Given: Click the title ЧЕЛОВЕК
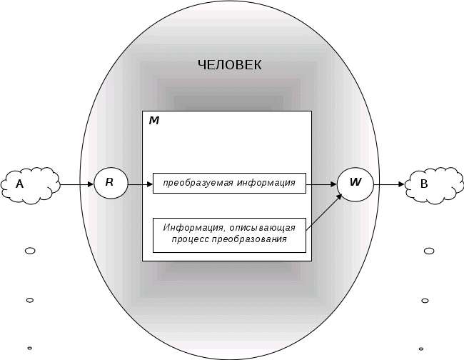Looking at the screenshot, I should tap(229, 65).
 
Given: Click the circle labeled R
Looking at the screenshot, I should tap(110, 183).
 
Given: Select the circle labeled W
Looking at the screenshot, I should tap(355, 183).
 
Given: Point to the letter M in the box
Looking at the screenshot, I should tap(153, 121).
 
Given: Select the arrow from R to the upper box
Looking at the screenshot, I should tap(140, 184).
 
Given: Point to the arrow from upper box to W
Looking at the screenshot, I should tap(321, 184).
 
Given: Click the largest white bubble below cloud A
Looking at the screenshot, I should tap(30, 251).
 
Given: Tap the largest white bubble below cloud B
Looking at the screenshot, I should tap(428, 251).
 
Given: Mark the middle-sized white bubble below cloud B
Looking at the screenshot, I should tap(425, 301).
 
